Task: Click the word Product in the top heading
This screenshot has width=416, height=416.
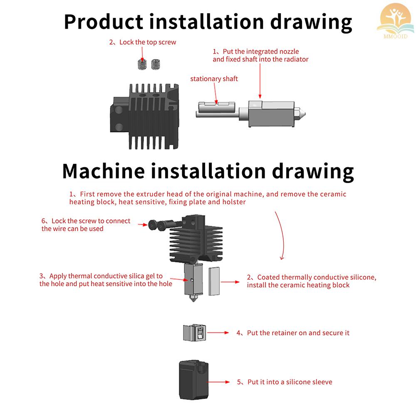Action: [x=104, y=22]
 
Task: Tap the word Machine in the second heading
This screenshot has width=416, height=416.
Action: [x=104, y=171]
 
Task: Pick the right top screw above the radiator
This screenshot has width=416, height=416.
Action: [x=156, y=64]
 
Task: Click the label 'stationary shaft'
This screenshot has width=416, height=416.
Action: [x=214, y=79]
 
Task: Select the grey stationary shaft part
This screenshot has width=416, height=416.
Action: [x=216, y=110]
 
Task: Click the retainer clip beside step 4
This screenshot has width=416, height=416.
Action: [x=194, y=333]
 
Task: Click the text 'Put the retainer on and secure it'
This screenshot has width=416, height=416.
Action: [x=298, y=333]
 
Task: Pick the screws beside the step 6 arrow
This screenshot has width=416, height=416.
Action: [x=158, y=225]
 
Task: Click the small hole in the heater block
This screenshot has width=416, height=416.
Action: [x=192, y=280]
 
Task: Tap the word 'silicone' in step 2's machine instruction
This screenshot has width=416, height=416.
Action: [x=360, y=277]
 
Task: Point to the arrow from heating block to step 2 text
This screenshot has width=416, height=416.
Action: [x=231, y=282]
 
